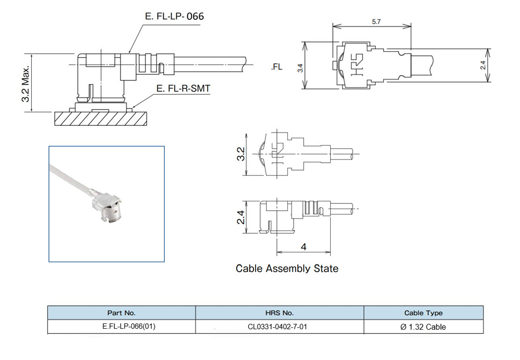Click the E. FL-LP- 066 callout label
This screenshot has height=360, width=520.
(x=174, y=16)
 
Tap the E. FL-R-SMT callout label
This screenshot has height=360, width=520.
(x=183, y=89)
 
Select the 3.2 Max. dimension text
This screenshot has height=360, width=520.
(x=27, y=83)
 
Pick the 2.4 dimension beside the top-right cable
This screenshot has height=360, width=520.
(x=483, y=65)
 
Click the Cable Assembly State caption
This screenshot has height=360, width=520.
(x=287, y=269)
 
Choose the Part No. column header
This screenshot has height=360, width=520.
(x=122, y=313)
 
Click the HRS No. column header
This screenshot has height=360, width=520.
(x=280, y=313)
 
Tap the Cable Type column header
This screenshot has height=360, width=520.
(x=424, y=313)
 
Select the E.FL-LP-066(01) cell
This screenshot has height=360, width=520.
(x=122, y=327)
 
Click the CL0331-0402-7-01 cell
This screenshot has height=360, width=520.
(x=280, y=327)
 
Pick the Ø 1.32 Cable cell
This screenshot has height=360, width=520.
(x=424, y=327)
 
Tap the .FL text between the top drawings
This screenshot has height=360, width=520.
(x=276, y=67)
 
